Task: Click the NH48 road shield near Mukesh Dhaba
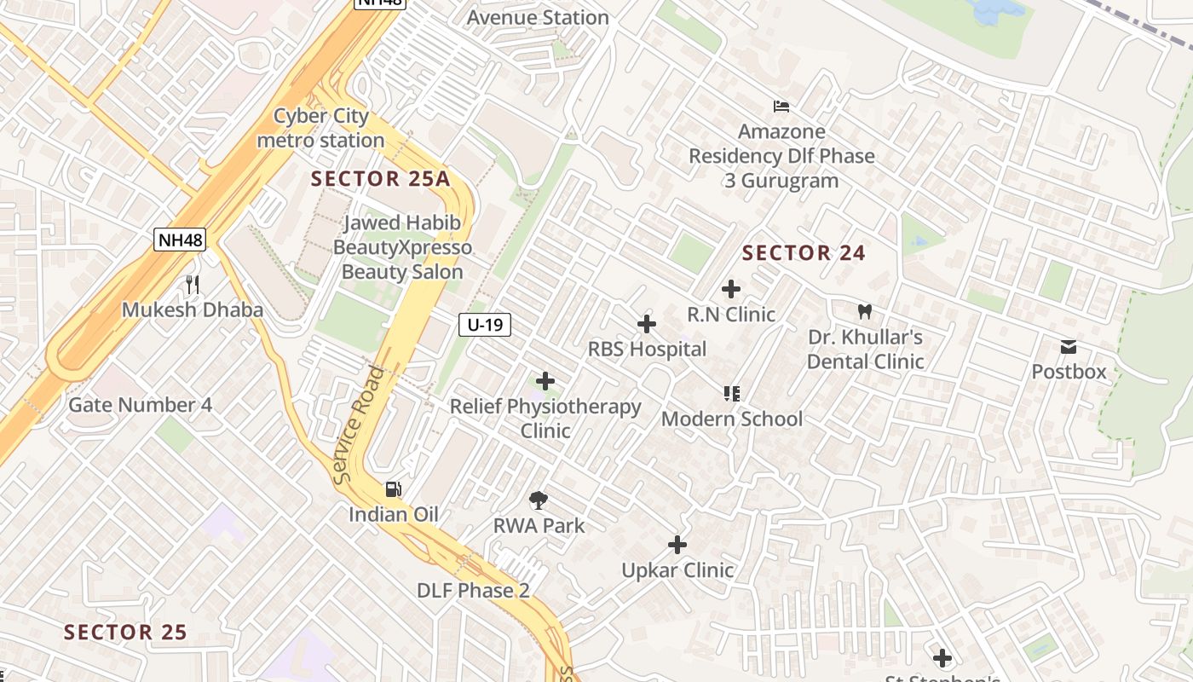180,240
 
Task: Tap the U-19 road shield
485,324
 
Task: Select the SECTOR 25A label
380,178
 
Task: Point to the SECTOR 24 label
804,252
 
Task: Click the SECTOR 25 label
125,632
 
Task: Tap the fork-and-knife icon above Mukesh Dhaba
193,284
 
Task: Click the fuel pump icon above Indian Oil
393,489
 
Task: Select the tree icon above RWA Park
539,500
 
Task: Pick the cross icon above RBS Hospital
647,324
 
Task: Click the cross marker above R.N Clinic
730,289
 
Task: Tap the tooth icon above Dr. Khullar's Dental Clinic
865,312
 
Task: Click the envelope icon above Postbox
1068,347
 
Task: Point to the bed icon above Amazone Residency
781,107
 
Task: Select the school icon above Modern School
731,393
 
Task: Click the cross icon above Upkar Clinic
677,545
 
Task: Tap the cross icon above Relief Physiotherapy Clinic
545,381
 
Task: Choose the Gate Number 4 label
140,404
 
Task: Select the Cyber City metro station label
320,128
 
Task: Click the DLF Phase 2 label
473,590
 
